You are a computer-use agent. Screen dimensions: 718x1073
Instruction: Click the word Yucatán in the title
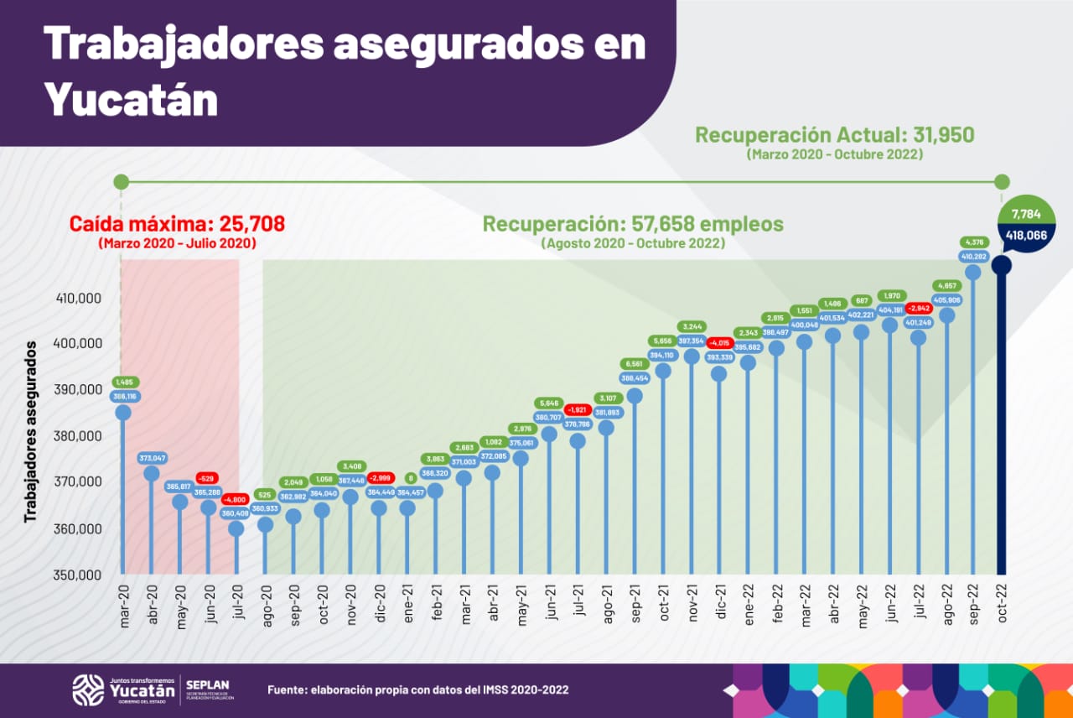(x=131, y=99)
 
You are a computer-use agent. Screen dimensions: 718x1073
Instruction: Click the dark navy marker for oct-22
(x=1001, y=265)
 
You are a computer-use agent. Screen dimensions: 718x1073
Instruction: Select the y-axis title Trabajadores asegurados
(x=31, y=431)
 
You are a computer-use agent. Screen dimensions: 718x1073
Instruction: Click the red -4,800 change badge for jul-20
(x=236, y=500)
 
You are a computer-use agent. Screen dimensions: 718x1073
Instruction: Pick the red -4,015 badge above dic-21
(x=719, y=342)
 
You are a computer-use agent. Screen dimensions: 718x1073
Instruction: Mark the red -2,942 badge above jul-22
(x=919, y=308)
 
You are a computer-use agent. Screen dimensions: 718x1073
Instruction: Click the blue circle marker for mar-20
(x=123, y=413)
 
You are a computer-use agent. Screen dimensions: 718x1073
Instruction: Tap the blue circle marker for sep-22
(x=973, y=273)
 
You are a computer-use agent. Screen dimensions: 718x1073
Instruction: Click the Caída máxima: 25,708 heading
(x=177, y=224)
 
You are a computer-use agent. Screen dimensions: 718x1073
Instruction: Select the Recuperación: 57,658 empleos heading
(x=633, y=224)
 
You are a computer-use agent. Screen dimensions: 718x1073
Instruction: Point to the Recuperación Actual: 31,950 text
(x=835, y=135)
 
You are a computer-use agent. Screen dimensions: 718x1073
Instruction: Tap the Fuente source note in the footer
(x=417, y=689)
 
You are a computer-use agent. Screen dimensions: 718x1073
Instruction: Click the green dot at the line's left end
(x=121, y=182)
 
